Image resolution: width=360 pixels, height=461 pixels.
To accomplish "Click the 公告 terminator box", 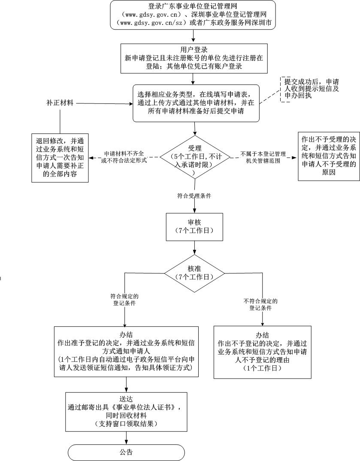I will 127,452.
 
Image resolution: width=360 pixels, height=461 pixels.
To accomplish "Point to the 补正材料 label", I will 60,103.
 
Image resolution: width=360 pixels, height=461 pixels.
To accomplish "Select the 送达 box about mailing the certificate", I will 127,411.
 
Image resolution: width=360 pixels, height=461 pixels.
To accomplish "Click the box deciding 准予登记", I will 127,352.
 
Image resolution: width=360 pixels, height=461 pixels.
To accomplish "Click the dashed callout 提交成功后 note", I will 306,89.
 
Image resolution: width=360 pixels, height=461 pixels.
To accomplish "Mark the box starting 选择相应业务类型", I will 195,103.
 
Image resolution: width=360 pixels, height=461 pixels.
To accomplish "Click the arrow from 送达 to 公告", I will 127,437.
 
